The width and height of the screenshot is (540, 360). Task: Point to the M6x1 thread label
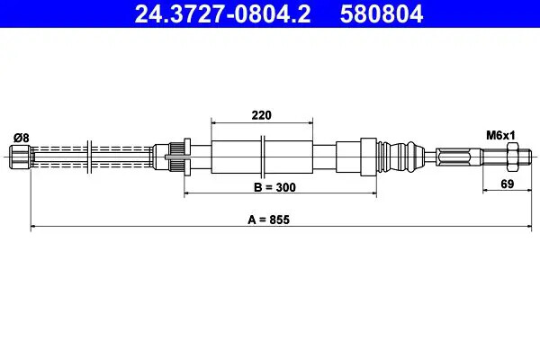(499, 135)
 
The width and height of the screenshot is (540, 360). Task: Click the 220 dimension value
(262, 114)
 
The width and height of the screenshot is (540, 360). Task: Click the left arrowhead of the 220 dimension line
(213, 121)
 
